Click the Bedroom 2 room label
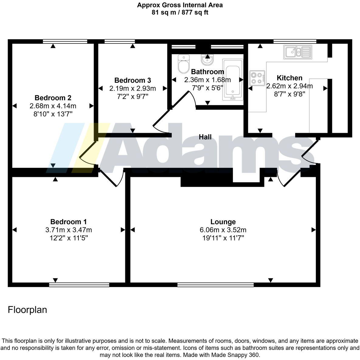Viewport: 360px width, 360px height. coord(53,98)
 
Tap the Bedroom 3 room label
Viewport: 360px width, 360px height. coord(133,80)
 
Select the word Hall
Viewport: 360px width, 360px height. coord(205,137)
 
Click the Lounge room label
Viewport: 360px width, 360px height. coord(223,222)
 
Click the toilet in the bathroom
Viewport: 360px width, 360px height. coord(183,64)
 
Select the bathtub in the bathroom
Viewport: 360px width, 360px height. coord(233,79)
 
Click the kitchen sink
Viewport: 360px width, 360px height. coord(297,52)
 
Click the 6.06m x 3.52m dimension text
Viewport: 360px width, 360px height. coord(223,230)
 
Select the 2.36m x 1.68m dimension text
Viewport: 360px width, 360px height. coord(207,80)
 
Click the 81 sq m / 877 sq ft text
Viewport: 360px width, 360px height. coord(180,12)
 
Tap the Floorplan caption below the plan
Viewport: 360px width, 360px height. coord(27,310)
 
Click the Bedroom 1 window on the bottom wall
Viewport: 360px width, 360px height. coord(79,285)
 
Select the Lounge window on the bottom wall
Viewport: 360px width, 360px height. coord(216,285)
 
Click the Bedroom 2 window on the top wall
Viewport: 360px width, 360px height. coord(65,41)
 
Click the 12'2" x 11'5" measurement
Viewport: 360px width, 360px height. coord(68,238)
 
